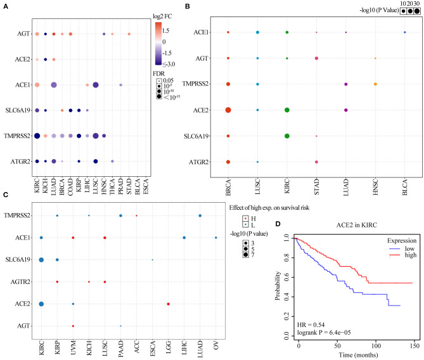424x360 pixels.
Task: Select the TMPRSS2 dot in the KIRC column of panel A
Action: coord(37,135)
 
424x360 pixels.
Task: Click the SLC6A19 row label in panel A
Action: coord(15,110)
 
